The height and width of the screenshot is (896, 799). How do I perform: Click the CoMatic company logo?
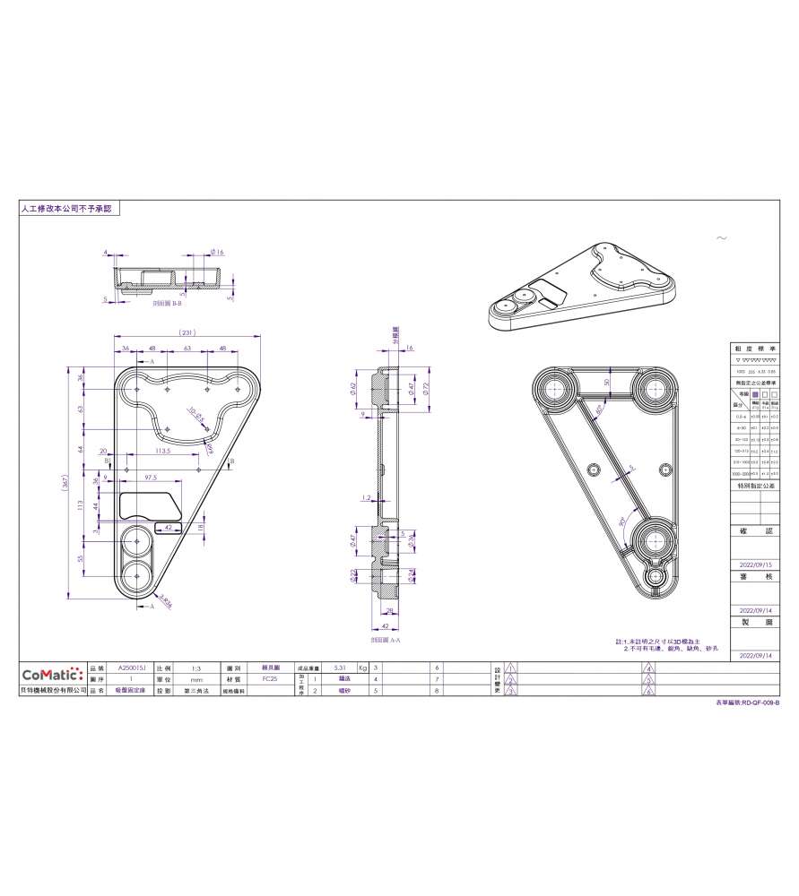(x=52, y=674)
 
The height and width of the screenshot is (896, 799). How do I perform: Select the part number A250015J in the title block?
(x=131, y=668)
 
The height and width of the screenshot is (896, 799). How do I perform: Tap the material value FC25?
(x=269, y=680)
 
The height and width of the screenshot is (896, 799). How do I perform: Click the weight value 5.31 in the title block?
(x=339, y=668)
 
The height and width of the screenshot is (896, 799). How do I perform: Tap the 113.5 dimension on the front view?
(x=163, y=452)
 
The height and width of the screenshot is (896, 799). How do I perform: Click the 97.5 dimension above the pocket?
(x=151, y=478)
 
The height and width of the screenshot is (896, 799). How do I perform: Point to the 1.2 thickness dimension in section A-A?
(x=366, y=496)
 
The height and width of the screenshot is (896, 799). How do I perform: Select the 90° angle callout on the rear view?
(x=621, y=521)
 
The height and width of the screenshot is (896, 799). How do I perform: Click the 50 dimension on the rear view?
(x=606, y=382)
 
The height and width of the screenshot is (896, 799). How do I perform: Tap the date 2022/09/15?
(x=754, y=564)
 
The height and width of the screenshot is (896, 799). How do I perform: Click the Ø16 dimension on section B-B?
(x=216, y=253)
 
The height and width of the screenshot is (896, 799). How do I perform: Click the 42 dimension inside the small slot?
(x=168, y=528)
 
